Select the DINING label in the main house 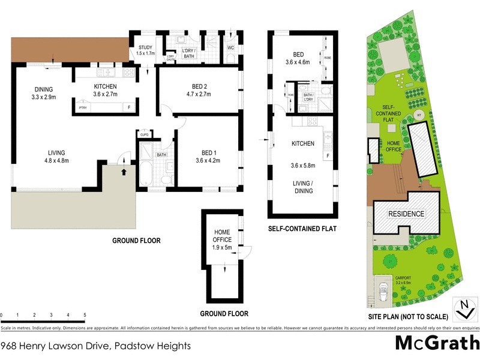coord(43,89)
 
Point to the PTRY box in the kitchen coord(83,109)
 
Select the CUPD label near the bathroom coord(144,134)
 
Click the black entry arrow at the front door coord(125,172)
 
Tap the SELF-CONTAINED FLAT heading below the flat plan coord(303,229)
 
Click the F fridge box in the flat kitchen coord(328,156)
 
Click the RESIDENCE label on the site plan coord(406,214)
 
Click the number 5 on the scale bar coord(85,314)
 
